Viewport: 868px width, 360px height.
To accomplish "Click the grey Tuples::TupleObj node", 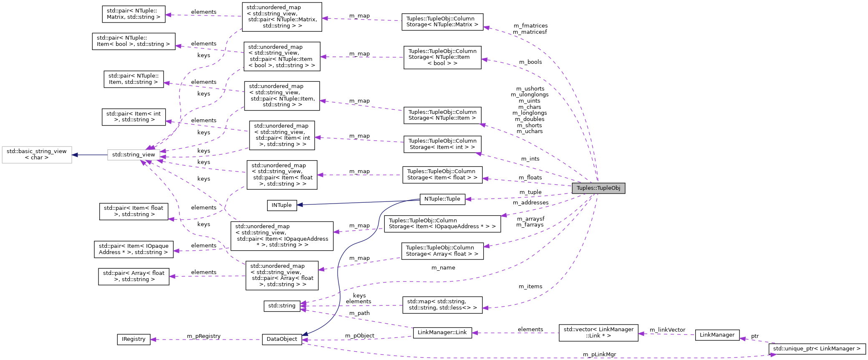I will [598, 188].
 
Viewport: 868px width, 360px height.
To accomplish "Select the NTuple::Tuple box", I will [442, 199].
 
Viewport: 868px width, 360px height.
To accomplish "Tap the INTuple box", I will [282, 205].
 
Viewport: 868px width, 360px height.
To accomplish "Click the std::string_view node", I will [134, 155].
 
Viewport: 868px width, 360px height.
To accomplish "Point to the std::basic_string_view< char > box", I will [37, 154].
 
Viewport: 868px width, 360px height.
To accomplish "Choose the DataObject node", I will [282, 339].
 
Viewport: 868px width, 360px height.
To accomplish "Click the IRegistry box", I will [134, 339].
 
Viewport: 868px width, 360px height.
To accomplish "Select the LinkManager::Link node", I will [442, 332].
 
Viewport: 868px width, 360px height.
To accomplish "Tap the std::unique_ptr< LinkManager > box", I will [817, 349].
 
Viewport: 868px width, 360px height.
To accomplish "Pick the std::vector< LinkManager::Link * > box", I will [598, 332].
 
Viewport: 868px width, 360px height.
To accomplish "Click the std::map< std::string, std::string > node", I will [442, 305].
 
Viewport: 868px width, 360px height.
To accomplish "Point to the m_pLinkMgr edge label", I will [599, 355].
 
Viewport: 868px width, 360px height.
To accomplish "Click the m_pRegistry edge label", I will [204, 336].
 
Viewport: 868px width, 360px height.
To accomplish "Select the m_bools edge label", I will [530, 62].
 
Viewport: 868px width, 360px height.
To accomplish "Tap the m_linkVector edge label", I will [667, 330].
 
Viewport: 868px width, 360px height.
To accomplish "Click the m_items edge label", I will [530, 287].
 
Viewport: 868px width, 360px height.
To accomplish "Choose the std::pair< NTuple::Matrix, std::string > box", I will [134, 14].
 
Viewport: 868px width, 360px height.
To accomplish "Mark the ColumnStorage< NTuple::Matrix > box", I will [442, 22].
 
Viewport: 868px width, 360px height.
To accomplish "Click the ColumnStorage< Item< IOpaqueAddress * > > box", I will [442, 224].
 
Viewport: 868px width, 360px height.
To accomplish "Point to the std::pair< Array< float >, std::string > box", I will [134, 277].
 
